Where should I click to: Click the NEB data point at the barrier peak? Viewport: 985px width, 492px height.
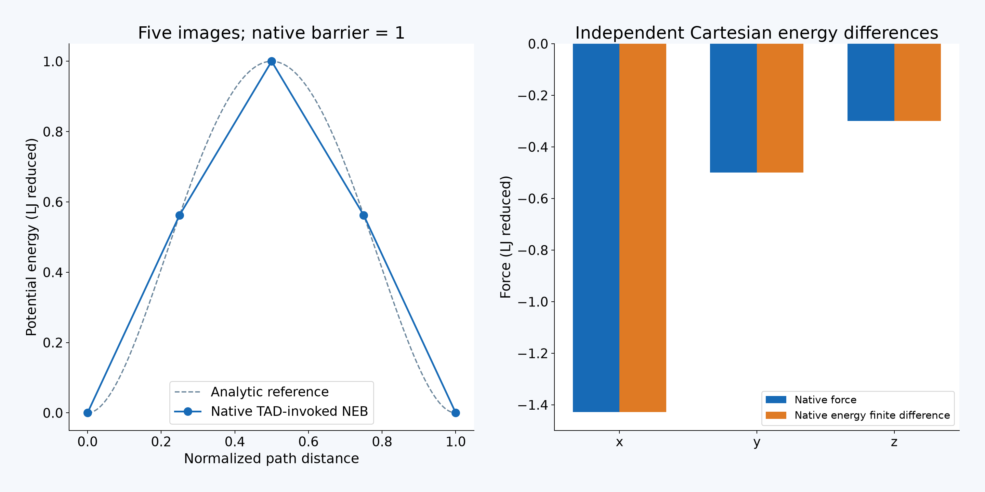click(272, 61)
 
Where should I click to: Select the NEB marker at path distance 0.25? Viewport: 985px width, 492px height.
click(180, 216)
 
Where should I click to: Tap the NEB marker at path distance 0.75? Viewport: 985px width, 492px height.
click(364, 216)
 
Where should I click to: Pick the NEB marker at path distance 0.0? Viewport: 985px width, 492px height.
click(88, 413)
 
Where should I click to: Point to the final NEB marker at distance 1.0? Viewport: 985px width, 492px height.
click(456, 413)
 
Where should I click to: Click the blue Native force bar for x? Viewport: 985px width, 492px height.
click(596, 228)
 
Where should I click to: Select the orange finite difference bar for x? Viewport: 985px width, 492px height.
click(643, 228)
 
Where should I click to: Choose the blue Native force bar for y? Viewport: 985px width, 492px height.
click(733, 108)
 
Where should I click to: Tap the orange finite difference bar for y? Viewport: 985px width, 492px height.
click(780, 108)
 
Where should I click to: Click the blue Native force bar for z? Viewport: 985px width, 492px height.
click(871, 82)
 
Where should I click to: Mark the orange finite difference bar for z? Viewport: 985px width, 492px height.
click(918, 82)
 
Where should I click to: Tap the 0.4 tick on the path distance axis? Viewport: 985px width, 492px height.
click(235, 441)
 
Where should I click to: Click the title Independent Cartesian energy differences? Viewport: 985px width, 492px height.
click(757, 33)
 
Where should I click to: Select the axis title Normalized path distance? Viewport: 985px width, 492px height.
click(272, 459)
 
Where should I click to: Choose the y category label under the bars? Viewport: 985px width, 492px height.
click(757, 442)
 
